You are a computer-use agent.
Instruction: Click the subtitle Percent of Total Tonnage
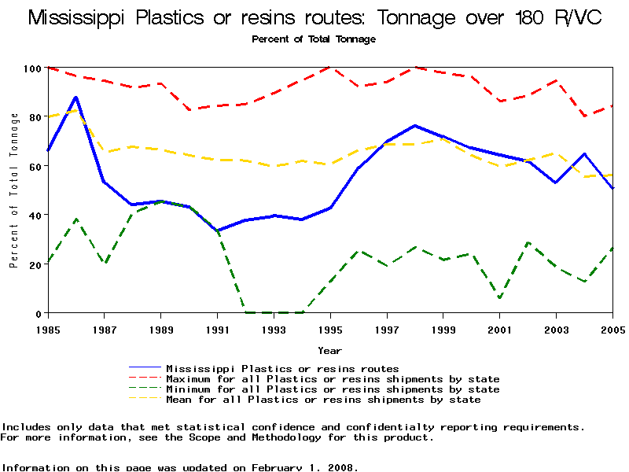click(314, 39)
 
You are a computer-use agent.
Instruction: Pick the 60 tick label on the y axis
click(34, 166)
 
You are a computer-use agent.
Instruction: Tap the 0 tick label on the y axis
click(37, 313)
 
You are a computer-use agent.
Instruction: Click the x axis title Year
click(329, 350)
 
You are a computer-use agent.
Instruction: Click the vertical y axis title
click(14, 190)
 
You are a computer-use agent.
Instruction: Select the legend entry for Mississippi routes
click(282, 368)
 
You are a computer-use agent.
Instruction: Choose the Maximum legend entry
click(333, 378)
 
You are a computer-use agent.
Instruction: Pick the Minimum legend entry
click(333, 389)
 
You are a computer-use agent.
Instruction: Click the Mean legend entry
click(323, 399)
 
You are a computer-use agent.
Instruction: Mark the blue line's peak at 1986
click(75, 98)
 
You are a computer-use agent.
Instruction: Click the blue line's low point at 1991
click(218, 231)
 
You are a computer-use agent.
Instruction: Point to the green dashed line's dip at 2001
click(500, 298)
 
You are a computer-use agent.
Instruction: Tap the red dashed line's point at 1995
click(330, 68)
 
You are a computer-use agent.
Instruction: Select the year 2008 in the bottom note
click(342, 467)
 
